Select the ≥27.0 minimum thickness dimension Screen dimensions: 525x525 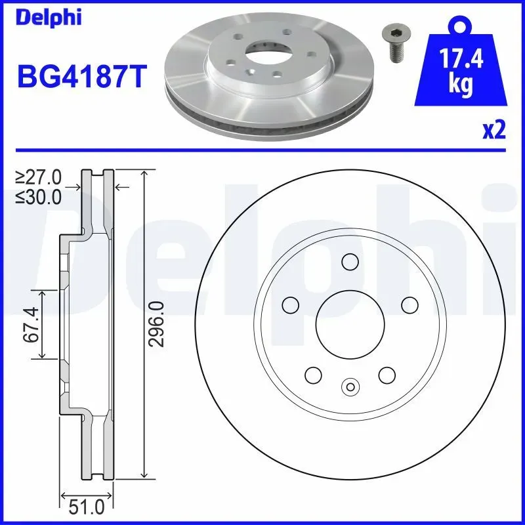point(39,177)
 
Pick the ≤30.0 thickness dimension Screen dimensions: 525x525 point(39,196)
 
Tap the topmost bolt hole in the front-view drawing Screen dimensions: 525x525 point(350,261)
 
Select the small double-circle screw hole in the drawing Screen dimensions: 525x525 point(349,387)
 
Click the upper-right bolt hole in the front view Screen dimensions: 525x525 point(409,305)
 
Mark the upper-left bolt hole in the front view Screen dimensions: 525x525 point(289,305)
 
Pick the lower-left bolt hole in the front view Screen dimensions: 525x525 point(312,375)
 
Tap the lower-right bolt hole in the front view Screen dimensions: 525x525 point(386,375)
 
